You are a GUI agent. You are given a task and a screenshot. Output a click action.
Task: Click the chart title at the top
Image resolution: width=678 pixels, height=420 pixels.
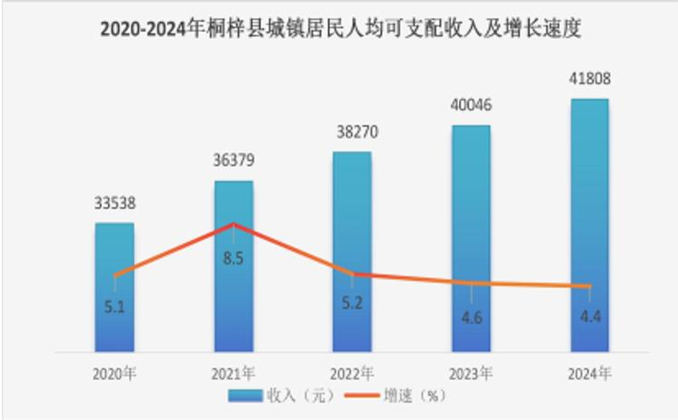tap(341, 29)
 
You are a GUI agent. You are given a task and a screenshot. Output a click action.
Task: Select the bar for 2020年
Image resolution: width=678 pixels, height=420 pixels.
tap(115, 287)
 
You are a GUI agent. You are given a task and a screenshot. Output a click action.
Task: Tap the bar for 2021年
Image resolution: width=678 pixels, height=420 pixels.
tap(234, 266)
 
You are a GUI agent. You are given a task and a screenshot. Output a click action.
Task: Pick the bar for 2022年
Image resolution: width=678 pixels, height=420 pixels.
tap(352, 252)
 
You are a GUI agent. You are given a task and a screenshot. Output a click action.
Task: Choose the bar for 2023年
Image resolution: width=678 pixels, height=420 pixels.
tap(472, 239)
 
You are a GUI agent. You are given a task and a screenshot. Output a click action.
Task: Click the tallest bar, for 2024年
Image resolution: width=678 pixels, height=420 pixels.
tap(590, 225)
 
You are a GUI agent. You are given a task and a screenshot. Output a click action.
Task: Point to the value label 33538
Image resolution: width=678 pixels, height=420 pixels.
tap(115, 203)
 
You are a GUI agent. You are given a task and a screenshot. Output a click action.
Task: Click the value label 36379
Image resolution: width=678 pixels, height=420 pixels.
tap(234, 161)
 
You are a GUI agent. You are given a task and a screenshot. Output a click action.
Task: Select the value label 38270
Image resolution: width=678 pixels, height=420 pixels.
tap(357, 132)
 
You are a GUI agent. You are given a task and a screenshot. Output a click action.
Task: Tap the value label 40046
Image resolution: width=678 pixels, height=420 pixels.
tap(472, 105)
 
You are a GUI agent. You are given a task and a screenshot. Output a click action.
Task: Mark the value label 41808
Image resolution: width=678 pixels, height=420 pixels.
tap(590, 79)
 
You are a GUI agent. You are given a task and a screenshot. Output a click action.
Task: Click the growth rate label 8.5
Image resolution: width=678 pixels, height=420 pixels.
tap(234, 259)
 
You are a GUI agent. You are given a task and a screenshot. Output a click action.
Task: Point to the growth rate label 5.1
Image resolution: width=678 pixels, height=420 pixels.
tap(115, 307)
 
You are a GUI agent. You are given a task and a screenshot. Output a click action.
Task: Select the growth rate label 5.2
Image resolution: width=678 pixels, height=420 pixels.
tap(353, 304)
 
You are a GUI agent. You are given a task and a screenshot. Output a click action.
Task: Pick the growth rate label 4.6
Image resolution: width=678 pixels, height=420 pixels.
tap(472, 318)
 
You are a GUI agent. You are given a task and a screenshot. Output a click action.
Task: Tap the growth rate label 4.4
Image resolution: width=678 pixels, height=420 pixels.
tap(591, 316)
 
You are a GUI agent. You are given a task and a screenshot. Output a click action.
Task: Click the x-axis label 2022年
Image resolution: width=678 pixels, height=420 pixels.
tap(352, 375)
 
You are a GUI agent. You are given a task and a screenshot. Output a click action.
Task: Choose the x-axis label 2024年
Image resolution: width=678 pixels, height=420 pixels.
tap(590, 375)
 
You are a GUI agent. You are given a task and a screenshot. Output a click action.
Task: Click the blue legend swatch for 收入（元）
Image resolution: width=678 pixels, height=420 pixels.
tap(245, 395)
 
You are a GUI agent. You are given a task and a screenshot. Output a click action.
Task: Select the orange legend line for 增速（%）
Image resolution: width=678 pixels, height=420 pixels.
tap(363, 395)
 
